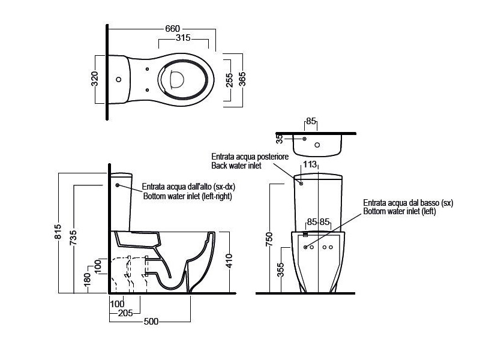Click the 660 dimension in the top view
click(172, 29)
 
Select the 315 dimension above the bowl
click(183, 38)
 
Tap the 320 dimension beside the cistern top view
click(95, 79)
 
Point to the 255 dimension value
click(229, 80)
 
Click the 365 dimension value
click(242, 79)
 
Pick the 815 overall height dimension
click(58, 232)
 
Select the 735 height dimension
click(73, 238)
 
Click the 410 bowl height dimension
click(230, 261)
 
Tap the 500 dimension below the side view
click(151, 322)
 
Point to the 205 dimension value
click(125, 313)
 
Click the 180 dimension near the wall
click(87, 278)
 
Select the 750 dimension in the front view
click(269, 239)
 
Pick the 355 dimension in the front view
click(280, 269)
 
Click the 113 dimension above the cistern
click(310, 164)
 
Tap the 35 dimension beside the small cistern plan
click(280, 139)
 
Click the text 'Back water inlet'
click(236, 166)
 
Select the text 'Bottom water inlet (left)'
click(400, 211)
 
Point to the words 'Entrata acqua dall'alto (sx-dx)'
click(188, 187)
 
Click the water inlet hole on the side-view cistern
click(117, 185)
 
